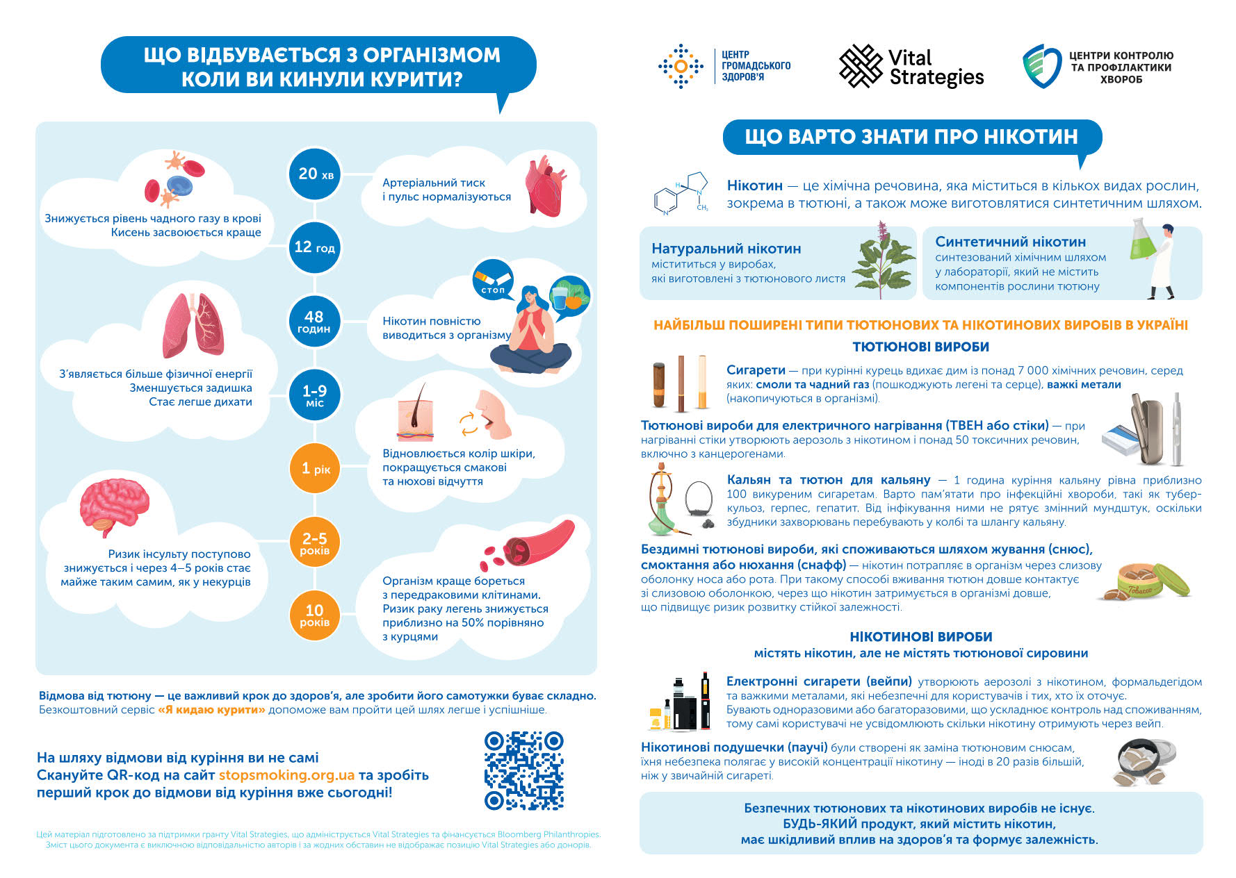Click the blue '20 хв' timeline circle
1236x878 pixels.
pyautogui.click(x=315, y=174)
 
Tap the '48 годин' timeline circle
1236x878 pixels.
pyautogui.click(x=314, y=322)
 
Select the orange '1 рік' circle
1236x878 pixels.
pyautogui.click(x=315, y=469)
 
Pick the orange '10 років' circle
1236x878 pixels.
pyautogui.click(x=314, y=615)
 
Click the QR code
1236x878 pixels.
pyautogui.click(x=523, y=770)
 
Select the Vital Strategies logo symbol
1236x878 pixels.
pyautogui.click(x=861, y=67)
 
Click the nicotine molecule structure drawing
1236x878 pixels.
pyautogui.click(x=681, y=192)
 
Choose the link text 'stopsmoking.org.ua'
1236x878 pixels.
pyautogui.click(x=286, y=775)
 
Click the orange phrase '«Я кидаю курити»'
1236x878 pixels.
pyautogui.click(x=211, y=710)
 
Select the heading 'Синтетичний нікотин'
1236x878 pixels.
pyautogui.click(x=1010, y=242)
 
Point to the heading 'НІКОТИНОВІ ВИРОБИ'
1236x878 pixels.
pyautogui.click(x=920, y=637)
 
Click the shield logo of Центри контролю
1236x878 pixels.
pyautogui.click(x=1041, y=66)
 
